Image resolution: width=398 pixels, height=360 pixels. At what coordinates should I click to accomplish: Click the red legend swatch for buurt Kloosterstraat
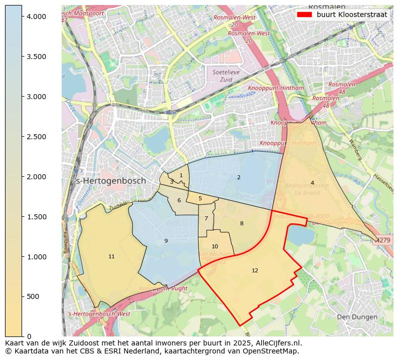tap(304, 15)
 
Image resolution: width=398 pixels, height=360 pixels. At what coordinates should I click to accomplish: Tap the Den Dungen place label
tap(356, 317)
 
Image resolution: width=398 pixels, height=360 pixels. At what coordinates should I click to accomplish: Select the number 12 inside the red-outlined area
tap(255, 270)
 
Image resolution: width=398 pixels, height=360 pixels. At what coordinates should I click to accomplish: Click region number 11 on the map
tap(111, 257)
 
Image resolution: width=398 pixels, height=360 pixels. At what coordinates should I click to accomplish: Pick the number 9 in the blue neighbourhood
tap(166, 241)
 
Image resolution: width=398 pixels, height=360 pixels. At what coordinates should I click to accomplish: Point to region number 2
tap(239, 177)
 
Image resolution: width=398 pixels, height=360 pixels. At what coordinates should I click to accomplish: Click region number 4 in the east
tap(312, 183)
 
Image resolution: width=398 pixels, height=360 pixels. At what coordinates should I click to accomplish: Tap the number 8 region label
tap(242, 223)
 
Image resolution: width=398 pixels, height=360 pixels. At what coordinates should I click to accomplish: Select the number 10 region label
tap(215, 246)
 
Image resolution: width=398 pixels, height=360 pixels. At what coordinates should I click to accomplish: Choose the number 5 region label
tap(200, 199)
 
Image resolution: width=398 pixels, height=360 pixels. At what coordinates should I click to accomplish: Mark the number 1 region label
tap(181, 175)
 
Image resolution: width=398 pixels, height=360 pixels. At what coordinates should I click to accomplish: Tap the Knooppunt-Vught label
tap(163, 289)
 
